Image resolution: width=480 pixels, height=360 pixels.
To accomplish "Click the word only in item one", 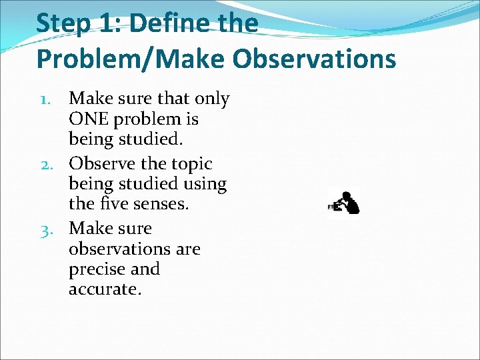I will pos(212,99).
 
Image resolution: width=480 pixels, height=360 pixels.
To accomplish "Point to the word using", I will pos(203,183).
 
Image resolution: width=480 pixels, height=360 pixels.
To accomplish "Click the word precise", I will pos(97,269).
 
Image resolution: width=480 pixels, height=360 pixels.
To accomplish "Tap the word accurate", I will pos(105,290).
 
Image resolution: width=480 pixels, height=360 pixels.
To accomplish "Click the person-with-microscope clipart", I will pos(345,201).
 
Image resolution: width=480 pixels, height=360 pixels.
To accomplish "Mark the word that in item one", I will pos(174,99).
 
